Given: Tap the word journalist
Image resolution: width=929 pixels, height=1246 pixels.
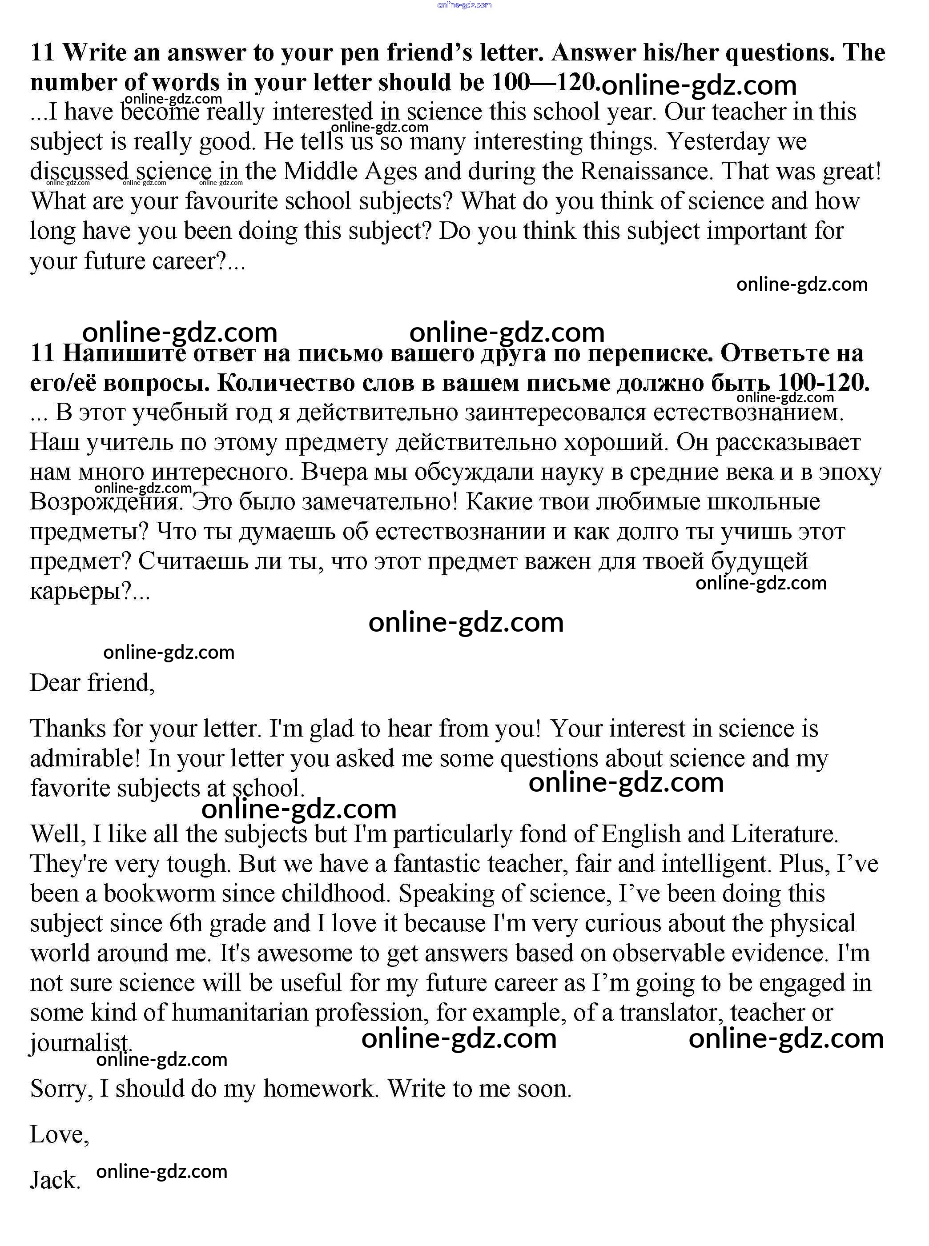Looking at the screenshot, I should (80, 1043).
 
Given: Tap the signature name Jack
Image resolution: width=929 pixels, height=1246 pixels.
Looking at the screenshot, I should (55, 1180).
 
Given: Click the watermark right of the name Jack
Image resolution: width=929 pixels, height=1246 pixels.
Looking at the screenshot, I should (162, 1171).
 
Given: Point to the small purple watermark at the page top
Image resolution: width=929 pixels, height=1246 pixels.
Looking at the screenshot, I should (464, 4).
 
